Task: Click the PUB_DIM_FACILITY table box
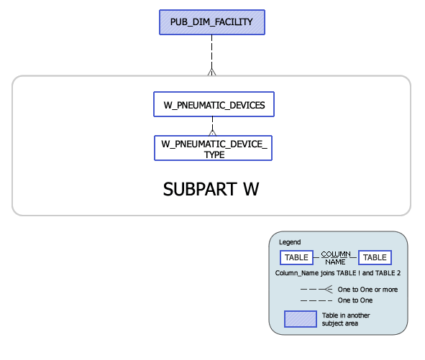coord(212,22)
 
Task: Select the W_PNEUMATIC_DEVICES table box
coord(214,104)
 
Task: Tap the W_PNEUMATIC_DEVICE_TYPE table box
coord(213,148)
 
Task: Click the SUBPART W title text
coord(211,189)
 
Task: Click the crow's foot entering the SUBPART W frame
coord(211,72)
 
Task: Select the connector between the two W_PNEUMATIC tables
coord(213,126)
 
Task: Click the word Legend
coord(290,242)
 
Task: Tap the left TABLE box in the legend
coord(296,257)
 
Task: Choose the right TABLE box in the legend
coord(375,257)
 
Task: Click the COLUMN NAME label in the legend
coord(336,258)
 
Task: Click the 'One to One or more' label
coord(367,290)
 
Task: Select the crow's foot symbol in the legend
coord(328,290)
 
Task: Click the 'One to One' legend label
coord(355,300)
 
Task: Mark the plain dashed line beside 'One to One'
coord(316,300)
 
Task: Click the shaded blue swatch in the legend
coord(301,319)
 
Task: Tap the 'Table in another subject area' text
coord(346,319)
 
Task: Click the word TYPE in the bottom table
coord(214,154)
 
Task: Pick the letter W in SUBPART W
coord(251,189)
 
